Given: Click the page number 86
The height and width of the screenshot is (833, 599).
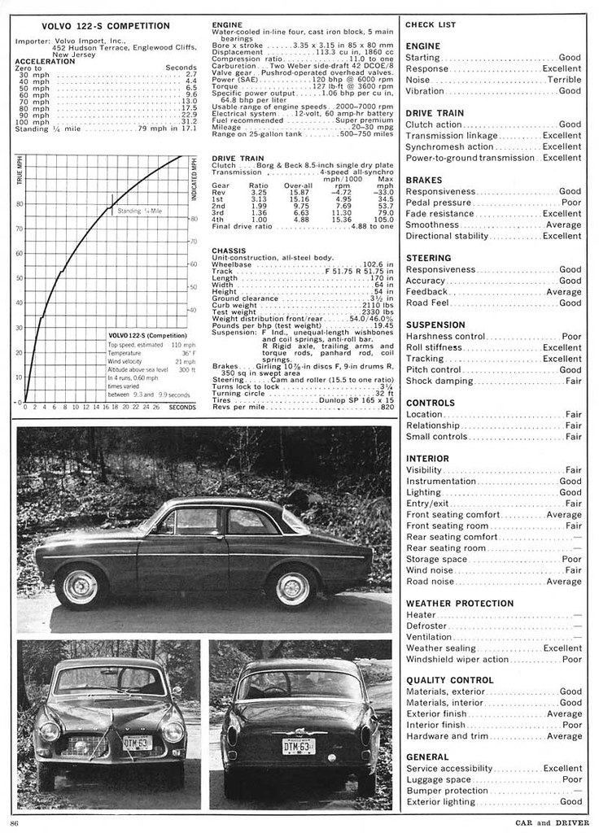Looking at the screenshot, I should coord(15,822).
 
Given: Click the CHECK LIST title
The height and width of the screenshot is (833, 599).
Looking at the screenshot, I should coord(431,25).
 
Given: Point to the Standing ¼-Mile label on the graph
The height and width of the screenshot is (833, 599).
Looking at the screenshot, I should coord(141,211).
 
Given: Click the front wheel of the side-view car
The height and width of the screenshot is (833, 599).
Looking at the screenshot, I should coord(81,587).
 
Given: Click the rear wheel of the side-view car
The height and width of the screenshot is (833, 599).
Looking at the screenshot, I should coord(292,588).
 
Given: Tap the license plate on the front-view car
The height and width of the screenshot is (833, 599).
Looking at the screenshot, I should coord(137,742).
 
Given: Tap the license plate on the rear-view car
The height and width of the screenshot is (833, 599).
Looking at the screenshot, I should coord(299,746).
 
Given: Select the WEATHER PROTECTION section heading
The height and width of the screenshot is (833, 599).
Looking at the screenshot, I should coord(459,604).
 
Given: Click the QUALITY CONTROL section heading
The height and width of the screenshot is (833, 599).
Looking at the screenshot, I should coord(449,680).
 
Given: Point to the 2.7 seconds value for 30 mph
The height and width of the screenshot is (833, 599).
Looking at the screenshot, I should coord(191,74).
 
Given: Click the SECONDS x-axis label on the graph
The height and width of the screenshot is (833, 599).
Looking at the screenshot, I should coord(182,407).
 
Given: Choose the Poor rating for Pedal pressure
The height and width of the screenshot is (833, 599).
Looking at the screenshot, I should coord(571,203).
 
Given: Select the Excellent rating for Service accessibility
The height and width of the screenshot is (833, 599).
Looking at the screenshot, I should coord(562,768).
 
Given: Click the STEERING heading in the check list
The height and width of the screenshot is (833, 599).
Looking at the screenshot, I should coord(428,258).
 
